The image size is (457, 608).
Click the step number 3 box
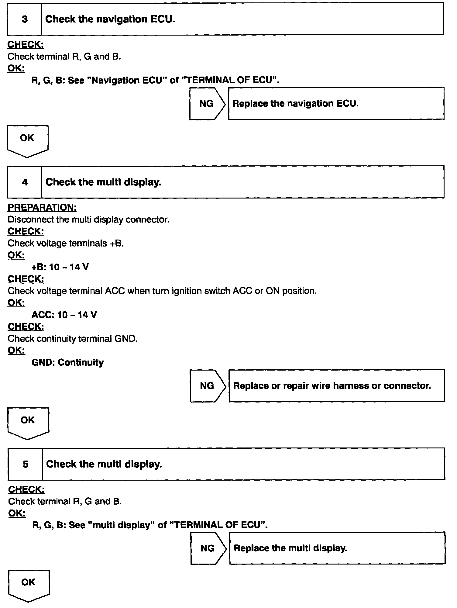coord(25,19)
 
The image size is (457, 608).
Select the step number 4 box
coord(25,182)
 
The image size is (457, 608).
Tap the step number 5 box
coord(26,464)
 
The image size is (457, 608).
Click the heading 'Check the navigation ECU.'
coord(110,19)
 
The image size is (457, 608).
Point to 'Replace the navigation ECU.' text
coord(295,104)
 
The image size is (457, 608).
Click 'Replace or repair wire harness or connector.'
coord(332,386)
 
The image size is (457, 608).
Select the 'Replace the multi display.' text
coord(290,548)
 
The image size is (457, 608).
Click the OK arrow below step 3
coord(27,140)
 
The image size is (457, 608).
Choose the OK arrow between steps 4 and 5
coord(28,422)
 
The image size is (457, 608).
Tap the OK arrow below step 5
coord(29,585)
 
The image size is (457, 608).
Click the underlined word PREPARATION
coord(42,208)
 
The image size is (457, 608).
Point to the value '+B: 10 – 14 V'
coord(60,267)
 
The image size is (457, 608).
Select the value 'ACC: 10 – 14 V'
coord(64,315)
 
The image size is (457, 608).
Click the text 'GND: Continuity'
coord(67,362)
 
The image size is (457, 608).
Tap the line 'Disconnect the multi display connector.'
coord(88,219)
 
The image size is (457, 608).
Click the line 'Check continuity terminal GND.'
coord(73,339)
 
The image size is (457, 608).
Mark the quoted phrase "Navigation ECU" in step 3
coord(127,80)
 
